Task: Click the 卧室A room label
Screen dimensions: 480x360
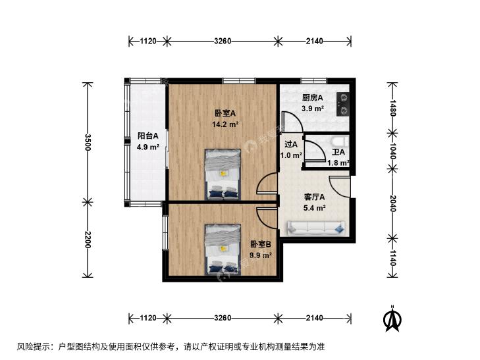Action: coord(225,113)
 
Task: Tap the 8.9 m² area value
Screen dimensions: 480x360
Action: coord(261,255)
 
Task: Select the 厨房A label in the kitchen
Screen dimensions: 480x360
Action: coord(313,98)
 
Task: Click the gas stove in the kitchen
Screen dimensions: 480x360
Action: coord(343,104)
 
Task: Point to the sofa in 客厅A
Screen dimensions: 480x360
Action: coord(316,228)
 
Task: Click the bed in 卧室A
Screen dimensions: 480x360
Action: coord(223,174)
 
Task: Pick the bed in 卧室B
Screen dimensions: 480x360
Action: coord(223,249)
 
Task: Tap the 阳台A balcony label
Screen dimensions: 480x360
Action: coord(148,136)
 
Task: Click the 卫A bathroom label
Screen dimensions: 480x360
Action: coord(338,152)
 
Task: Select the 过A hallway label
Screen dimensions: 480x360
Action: coord(291,144)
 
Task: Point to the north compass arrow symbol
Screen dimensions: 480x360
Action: coord(392,319)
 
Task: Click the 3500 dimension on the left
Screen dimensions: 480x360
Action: coord(88,142)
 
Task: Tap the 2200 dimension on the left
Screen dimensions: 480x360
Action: coord(88,240)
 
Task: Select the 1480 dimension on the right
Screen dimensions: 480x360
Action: coord(392,108)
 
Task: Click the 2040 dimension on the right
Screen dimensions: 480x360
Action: coord(392,203)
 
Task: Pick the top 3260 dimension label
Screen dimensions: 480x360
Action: coord(223,41)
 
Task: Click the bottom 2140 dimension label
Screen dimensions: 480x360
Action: coord(314,318)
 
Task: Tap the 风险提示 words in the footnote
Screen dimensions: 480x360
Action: coord(33,347)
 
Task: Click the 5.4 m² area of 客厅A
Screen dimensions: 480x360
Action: coord(314,208)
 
